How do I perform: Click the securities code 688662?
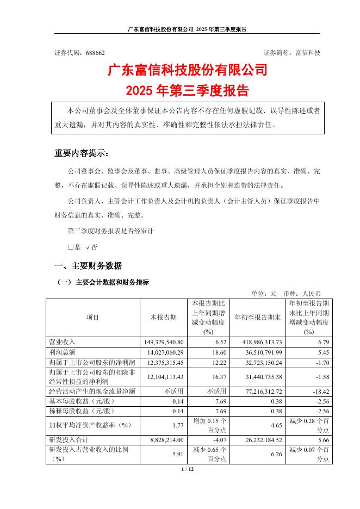point(95,53)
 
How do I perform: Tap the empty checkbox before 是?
point(70,247)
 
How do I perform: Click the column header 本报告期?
point(163,318)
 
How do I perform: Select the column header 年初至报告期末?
point(258,318)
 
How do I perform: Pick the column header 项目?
point(92,318)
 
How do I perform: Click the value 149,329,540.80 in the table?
point(163,342)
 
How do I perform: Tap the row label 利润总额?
point(61,352)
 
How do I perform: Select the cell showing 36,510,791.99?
point(258,352)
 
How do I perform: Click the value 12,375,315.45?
point(163,362)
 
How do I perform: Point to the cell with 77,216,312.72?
point(258,391)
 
